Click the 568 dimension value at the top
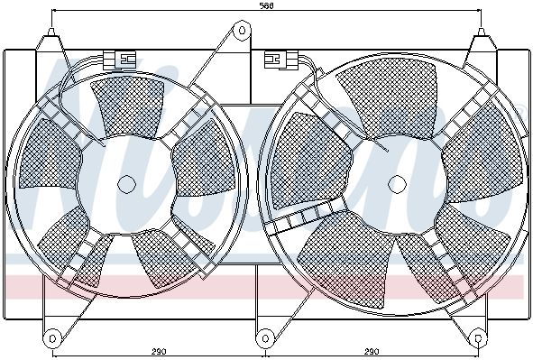(x=267, y=5)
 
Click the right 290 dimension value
(x=372, y=352)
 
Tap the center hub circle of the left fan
(x=126, y=184)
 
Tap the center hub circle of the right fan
(x=397, y=184)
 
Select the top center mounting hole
(x=242, y=31)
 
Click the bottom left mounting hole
(x=52, y=338)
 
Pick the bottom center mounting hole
(x=265, y=338)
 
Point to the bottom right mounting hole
(x=478, y=338)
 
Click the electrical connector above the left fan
(x=119, y=60)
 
